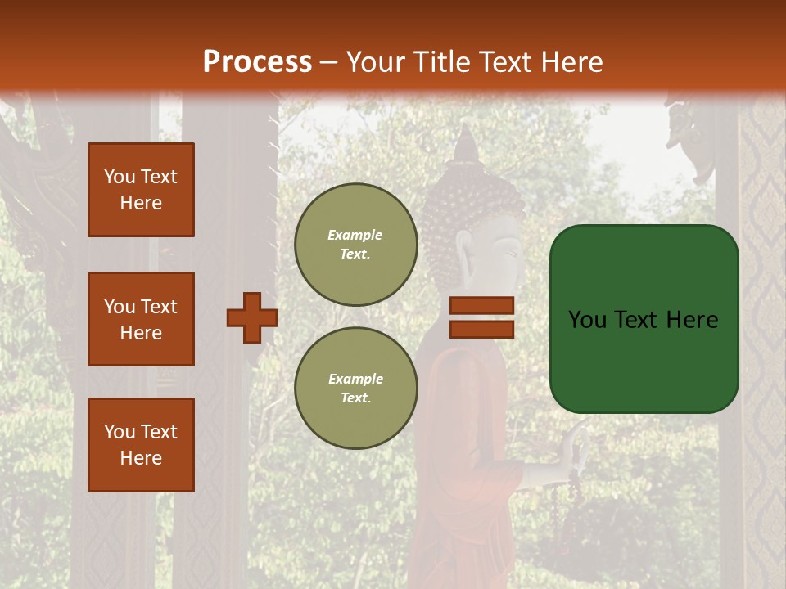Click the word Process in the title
257,62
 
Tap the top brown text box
141,190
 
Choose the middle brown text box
141,319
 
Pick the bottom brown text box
141,445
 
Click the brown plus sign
252,317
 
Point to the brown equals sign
482,317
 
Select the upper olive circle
356,245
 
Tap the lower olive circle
356,389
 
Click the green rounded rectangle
644,319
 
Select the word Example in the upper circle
355,235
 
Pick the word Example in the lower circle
355,379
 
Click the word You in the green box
587,320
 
